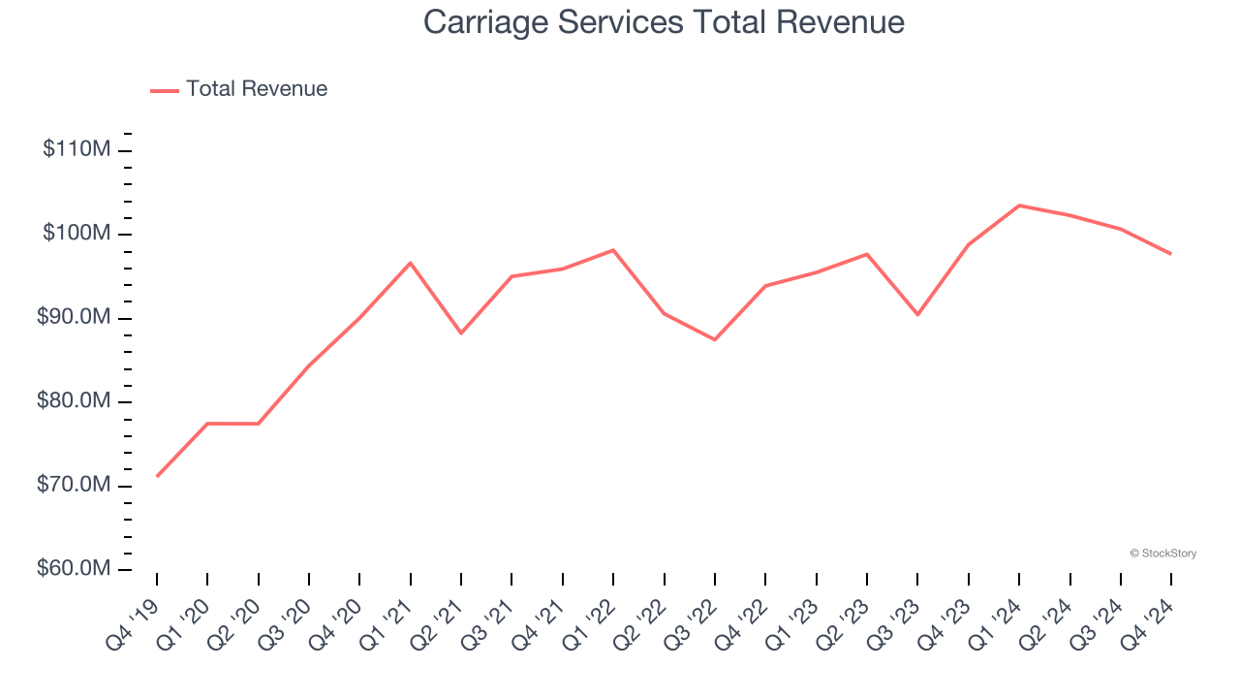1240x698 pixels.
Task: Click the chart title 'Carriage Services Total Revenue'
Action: point(664,22)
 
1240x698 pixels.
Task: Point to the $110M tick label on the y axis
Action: point(77,150)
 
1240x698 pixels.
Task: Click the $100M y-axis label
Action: point(77,235)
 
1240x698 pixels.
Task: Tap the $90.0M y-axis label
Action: point(75,318)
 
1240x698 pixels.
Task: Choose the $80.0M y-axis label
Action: point(75,402)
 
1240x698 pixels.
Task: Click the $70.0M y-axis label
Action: point(75,486)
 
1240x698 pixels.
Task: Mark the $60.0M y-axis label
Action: point(75,569)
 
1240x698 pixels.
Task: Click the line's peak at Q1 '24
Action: point(1019,206)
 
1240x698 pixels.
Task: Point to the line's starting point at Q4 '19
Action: point(157,476)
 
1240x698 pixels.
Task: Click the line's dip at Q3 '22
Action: point(715,339)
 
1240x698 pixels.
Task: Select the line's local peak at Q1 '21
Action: point(411,263)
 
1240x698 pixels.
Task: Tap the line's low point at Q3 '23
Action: point(917,314)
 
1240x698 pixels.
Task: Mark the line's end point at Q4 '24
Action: point(1171,254)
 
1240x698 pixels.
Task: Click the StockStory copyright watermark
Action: point(1162,554)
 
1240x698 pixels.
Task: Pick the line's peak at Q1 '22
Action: point(613,250)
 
